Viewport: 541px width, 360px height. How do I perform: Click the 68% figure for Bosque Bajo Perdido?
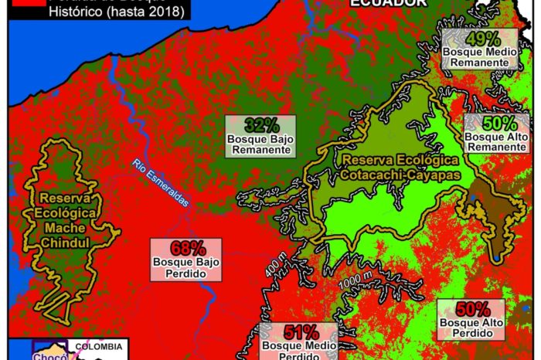189,249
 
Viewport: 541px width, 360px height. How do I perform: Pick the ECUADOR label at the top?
387,3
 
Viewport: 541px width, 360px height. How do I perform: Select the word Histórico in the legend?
76,12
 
